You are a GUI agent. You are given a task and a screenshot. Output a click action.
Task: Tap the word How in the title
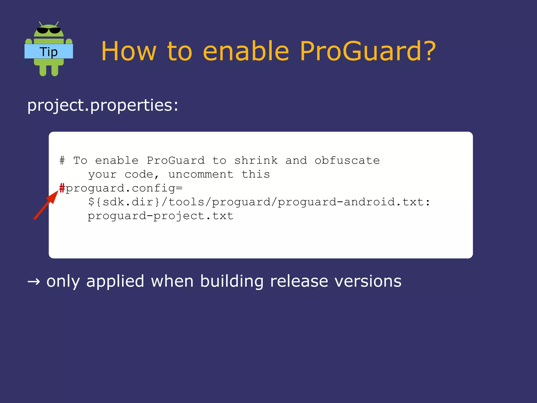128,51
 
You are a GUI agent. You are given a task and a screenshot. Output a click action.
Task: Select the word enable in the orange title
246,51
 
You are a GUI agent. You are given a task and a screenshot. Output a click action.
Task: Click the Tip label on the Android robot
49,52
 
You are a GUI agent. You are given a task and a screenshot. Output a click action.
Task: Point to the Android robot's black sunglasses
49,30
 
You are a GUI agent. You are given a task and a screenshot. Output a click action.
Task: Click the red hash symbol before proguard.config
62,188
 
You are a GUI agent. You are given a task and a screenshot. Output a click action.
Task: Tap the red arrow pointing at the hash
46,205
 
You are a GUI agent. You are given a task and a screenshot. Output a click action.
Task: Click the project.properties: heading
103,105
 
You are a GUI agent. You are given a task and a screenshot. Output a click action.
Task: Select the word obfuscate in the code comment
347,160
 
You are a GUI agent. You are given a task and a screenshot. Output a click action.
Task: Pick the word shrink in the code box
256,160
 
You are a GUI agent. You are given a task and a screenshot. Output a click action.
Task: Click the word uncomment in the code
201,174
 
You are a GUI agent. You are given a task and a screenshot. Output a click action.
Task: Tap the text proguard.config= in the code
124,188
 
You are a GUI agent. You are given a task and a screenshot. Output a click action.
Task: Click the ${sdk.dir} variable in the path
124,202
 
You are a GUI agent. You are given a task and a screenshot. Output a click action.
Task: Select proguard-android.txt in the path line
350,202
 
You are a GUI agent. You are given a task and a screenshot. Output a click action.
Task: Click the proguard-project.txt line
160,216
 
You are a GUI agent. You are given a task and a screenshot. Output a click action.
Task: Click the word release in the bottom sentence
299,281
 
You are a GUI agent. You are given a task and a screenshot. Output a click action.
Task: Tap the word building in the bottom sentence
232,281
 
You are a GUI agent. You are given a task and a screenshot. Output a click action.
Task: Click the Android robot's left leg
43,70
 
